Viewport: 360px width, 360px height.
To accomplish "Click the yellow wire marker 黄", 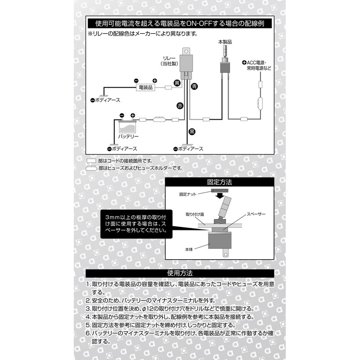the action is click(177, 83).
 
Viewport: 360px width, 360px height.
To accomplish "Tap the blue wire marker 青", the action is click(194, 86).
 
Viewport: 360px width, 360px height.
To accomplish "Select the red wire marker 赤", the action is click(180, 106).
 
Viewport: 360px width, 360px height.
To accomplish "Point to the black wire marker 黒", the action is click(192, 131).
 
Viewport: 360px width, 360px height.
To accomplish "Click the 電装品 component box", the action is click(145, 87).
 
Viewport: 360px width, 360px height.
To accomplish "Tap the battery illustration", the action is click(127, 126).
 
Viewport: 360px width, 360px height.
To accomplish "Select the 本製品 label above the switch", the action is click(225, 42).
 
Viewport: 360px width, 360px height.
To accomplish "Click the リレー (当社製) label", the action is click(169, 61).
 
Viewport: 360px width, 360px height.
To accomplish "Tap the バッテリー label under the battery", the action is click(128, 137).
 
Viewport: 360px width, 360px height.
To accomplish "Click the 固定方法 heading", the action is click(220, 182).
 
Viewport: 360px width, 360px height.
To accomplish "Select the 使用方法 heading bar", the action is click(180, 273).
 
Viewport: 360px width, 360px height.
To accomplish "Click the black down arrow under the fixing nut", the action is click(220, 196).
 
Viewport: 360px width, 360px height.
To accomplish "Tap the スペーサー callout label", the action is click(256, 214).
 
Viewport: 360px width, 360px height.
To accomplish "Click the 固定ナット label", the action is click(188, 194).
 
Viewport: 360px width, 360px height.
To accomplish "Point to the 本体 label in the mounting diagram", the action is click(189, 249).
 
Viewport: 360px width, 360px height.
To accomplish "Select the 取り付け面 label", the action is click(195, 215).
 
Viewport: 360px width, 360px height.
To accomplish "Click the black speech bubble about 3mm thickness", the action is click(136, 224).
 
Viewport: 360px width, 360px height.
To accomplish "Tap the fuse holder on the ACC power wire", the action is click(261, 103).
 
